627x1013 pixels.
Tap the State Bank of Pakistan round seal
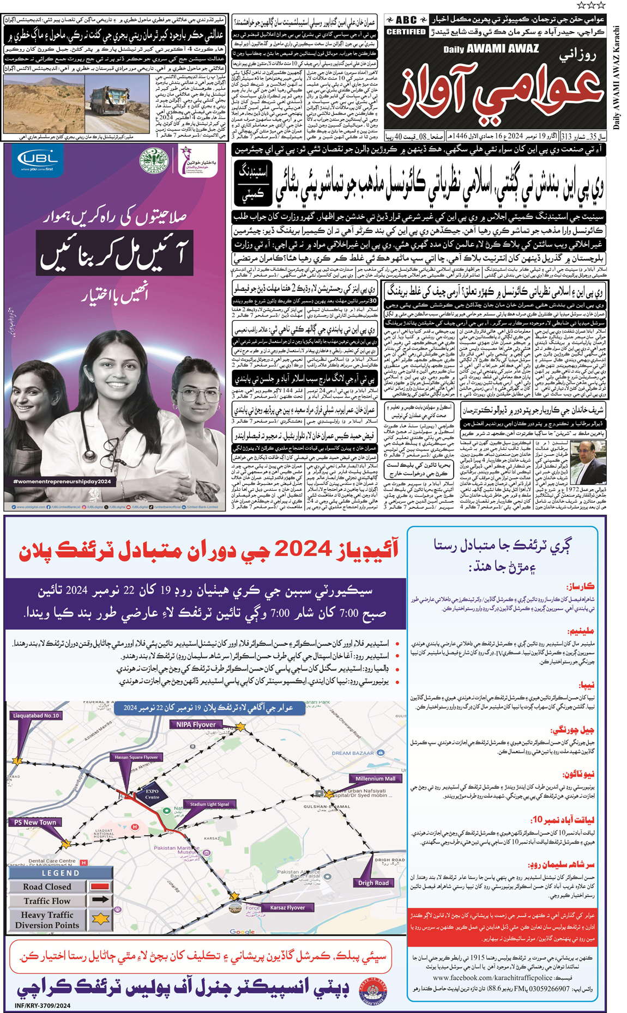coord(154,161)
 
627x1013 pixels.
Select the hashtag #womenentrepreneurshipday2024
coord(62,481)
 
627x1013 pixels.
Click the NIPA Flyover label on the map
coord(196,724)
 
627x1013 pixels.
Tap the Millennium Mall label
coord(375,779)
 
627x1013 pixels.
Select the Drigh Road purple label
coord(373,883)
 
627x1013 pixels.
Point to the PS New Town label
coord(35,822)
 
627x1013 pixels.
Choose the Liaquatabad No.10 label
coord(36,715)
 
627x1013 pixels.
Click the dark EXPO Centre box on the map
coord(152,794)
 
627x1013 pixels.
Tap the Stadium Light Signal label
coord(209,804)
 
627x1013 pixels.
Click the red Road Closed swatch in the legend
coord(100,887)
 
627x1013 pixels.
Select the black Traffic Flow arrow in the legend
coord(100,900)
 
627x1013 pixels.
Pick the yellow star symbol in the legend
coord(100,919)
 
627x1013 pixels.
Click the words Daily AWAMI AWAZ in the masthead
coord(491,49)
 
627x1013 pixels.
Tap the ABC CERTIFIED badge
coord(406,26)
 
